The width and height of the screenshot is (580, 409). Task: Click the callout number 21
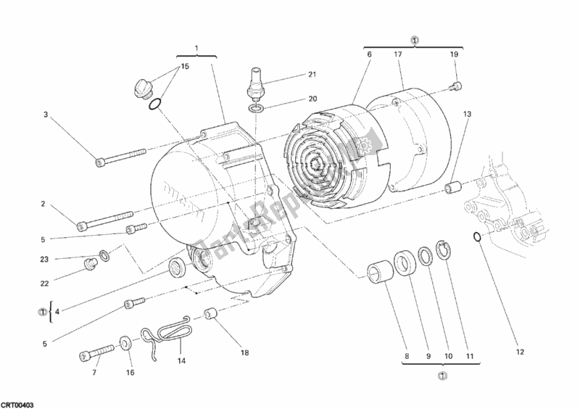[312, 75]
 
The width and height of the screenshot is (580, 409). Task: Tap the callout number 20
[312, 99]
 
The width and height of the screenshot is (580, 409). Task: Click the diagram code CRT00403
[17, 402]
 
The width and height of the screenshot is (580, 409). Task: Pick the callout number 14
[181, 360]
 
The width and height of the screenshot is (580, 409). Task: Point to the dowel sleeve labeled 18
[213, 314]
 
